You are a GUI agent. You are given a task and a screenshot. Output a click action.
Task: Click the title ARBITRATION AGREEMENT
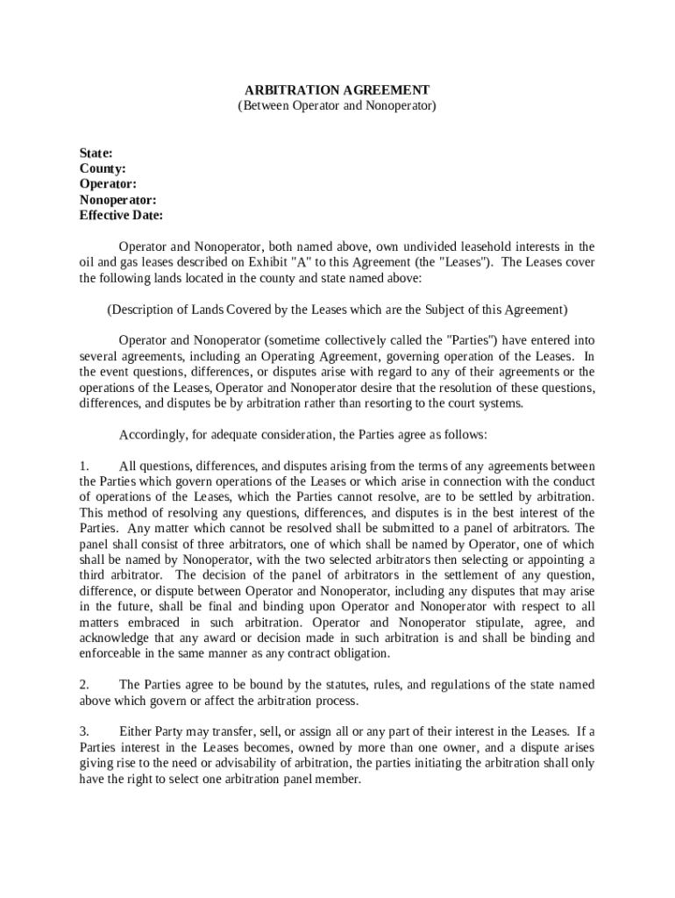[337, 90]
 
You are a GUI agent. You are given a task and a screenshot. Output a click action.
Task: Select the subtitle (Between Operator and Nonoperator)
[337, 105]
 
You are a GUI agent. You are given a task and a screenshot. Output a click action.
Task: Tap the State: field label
[96, 153]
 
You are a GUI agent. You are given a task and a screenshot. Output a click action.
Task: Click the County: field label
[103, 168]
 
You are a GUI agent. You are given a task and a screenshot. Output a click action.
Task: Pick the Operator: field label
[108, 184]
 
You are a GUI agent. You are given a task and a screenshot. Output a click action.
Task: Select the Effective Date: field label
[121, 216]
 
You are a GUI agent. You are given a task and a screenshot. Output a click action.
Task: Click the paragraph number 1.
[83, 466]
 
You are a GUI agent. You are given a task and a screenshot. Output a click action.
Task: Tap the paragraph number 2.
[83, 684]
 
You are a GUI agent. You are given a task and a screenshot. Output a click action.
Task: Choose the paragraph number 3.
[83, 731]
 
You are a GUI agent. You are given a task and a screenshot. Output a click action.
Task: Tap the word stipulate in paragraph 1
[505, 622]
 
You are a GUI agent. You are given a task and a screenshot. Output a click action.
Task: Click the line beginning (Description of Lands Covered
[337, 310]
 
